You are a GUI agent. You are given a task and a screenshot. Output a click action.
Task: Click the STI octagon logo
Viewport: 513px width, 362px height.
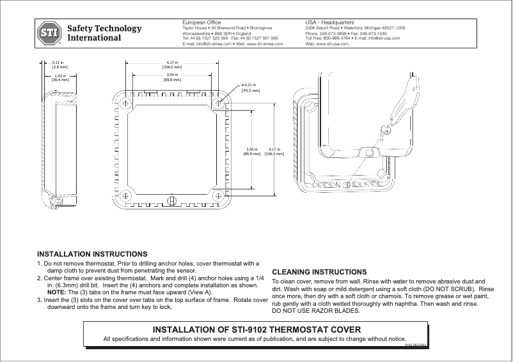coord(49,33)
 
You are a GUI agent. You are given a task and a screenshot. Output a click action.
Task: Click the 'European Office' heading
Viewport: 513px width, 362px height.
coord(201,23)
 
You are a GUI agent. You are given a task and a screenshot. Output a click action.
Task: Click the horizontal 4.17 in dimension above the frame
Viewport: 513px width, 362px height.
coord(171,64)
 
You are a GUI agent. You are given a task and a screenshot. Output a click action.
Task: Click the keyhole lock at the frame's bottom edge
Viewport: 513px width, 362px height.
coord(171,201)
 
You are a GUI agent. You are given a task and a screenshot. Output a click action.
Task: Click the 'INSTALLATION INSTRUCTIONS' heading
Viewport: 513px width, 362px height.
coord(92,253)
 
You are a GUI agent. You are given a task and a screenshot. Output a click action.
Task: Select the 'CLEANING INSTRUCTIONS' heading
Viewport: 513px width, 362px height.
coord(319,271)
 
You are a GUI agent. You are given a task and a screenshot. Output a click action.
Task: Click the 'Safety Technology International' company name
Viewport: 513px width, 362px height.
coord(104,33)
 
